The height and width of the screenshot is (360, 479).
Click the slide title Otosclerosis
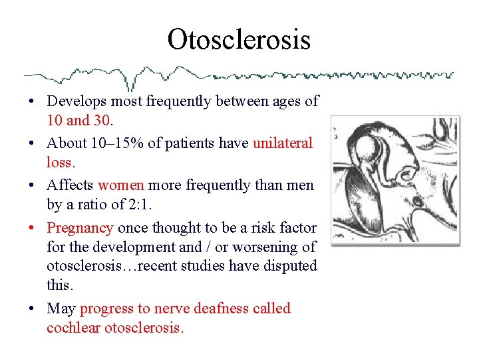pyautogui.click(x=239, y=39)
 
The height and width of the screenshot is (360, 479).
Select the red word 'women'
pyautogui.click(x=121, y=185)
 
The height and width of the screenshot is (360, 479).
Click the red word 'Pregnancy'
pyautogui.click(x=80, y=228)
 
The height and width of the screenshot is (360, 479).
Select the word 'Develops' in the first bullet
pyautogui.click(x=75, y=101)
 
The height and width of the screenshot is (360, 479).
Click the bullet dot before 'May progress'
pyautogui.click(x=32, y=309)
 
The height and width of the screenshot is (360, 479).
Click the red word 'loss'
pyautogui.click(x=60, y=162)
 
